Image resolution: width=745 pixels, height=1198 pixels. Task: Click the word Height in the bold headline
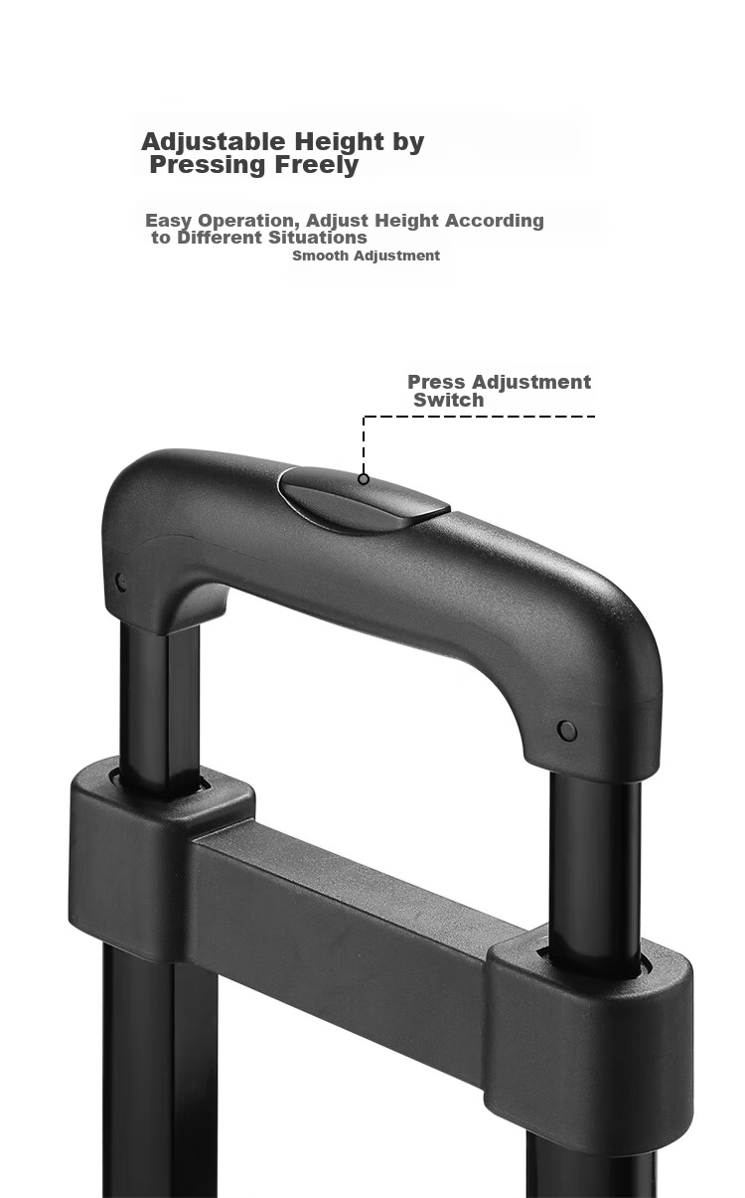(x=339, y=142)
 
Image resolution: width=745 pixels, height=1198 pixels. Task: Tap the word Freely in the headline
(x=316, y=165)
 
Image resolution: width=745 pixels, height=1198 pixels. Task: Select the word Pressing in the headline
(x=208, y=165)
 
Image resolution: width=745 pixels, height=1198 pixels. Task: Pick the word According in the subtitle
(x=495, y=221)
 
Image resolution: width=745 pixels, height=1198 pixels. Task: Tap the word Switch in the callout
(x=449, y=400)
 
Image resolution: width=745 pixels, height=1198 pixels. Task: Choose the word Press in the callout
(x=437, y=382)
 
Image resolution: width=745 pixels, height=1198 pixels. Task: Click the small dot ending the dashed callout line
(x=364, y=479)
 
